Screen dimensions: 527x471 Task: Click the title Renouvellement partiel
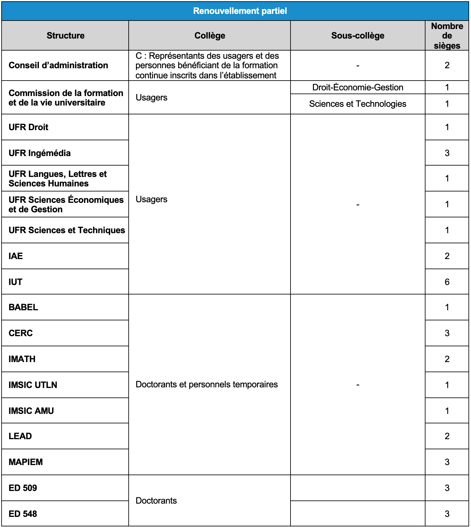pos(240,11)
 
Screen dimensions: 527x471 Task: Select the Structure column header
pos(65,35)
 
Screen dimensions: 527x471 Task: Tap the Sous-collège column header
pos(358,35)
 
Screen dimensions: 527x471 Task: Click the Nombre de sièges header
pos(447,35)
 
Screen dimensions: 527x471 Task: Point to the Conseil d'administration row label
pos(58,65)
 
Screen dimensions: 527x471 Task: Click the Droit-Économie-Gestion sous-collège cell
pos(358,87)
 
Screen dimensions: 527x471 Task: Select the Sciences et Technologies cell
pos(358,104)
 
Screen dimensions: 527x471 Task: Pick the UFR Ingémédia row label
pos(40,153)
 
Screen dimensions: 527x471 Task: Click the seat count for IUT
pos(447,282)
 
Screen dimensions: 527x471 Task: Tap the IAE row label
pos(16,256)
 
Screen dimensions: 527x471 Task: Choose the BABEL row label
pos(23,307)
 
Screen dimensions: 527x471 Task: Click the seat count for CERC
pos(447,333)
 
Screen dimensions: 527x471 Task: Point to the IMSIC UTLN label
pos(33,385)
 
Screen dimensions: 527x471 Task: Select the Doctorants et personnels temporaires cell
pos(206,385)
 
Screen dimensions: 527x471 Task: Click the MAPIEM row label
pos(26,462)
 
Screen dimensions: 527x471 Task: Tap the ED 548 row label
pos(23,514)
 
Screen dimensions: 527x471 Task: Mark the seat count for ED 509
pos(447,488)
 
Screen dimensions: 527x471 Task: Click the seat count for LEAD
pos(447,436)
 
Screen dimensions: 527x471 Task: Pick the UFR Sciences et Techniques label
pos(67,230)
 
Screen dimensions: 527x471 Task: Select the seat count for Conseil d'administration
pos(447,65)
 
